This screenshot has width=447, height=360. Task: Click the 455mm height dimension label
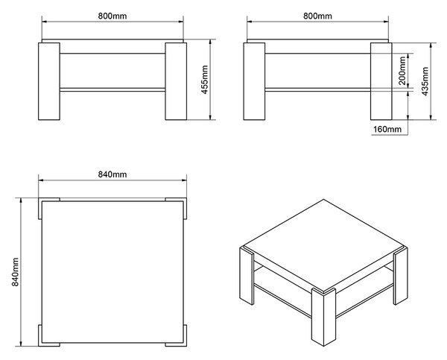(205, 80)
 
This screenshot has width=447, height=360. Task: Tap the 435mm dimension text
(425, 81)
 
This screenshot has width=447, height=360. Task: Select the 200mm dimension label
(402, 71)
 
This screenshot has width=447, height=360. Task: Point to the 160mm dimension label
(387, 129)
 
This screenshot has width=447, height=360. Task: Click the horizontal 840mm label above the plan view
(112, 174)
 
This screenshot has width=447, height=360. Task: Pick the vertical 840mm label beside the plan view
(15, 272)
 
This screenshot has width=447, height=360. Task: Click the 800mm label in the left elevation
(112, 16)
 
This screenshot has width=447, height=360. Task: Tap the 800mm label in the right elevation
(317, 16)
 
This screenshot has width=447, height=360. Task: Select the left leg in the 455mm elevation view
(49, 81)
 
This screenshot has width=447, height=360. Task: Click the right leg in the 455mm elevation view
(176, 81)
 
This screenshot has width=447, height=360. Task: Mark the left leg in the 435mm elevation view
(254, 81)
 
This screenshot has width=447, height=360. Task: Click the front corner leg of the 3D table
(323, 317)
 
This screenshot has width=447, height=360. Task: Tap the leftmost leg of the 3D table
(247, 276)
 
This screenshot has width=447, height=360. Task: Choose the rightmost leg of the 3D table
(401, 276)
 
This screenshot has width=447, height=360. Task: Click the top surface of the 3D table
(323, 245)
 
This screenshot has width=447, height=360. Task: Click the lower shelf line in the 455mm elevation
(112, 89)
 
